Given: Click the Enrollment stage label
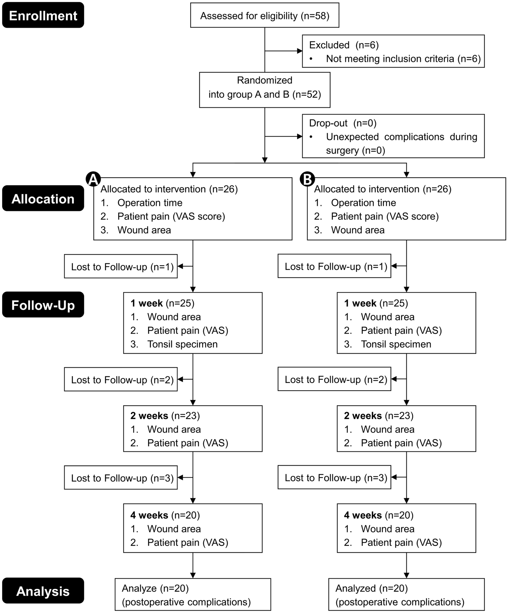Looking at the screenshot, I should coord(43,15).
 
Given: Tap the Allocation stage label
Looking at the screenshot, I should coord(43,199).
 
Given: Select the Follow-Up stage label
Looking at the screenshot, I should coord(43,305).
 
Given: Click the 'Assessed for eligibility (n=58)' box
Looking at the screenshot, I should coord(264,15).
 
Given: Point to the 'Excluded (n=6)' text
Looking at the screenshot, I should coord(343,45).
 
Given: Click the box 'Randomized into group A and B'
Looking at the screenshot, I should coord(264,90).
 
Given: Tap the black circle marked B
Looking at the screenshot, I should coord(307,179).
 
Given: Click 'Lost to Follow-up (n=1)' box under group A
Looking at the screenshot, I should coord(121,267).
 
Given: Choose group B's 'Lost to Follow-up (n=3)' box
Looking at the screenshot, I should coord(334,477).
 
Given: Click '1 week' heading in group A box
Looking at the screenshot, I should coord(146,303).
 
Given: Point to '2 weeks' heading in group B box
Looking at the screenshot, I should coord(363,416).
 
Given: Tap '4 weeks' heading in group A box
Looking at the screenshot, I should coord(149,515).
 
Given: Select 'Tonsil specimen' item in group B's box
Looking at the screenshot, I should coord(396,344).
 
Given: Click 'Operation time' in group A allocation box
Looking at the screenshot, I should coord(150,203).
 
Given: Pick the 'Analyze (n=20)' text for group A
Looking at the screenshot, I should coord(155,588).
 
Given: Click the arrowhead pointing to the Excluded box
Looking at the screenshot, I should coord(300,51).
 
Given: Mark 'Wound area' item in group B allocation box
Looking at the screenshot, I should coord(358,230).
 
